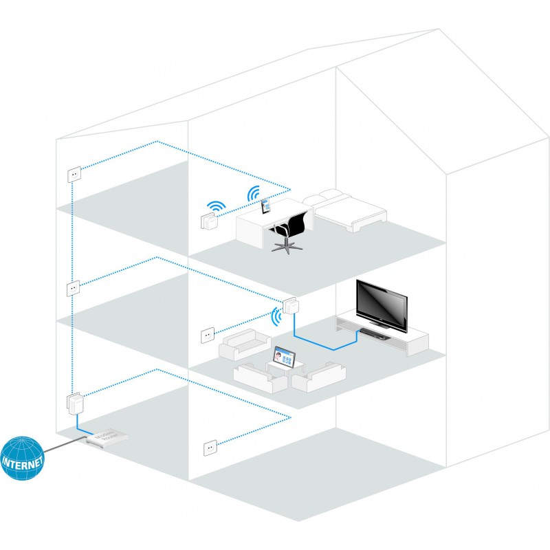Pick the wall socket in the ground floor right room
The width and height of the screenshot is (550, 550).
209,448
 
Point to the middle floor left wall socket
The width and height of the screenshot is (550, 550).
72,287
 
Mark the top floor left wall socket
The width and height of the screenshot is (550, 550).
73,174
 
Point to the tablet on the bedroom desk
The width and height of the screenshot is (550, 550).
265,205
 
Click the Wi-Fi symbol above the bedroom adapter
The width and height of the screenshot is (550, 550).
217,206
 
